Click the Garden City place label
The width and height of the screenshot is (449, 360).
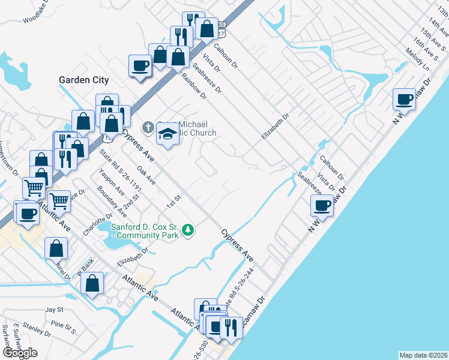(x=83, y=79)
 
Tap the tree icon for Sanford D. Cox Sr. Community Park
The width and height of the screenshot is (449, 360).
(x=188, y=230)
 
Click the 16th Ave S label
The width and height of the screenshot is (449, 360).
(x=426, y=43)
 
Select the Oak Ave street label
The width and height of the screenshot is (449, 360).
(x=146, y=176)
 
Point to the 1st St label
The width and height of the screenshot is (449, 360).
(x=175, y=198)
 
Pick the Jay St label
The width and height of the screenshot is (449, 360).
(x=55, y=310)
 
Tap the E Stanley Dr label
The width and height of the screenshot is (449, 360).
(x=37, y=330)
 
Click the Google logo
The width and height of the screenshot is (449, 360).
(x=20, y=353)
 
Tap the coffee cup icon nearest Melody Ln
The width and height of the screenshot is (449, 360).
(x=405, y=98)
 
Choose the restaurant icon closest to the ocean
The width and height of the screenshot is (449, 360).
(x=228, y=328)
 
